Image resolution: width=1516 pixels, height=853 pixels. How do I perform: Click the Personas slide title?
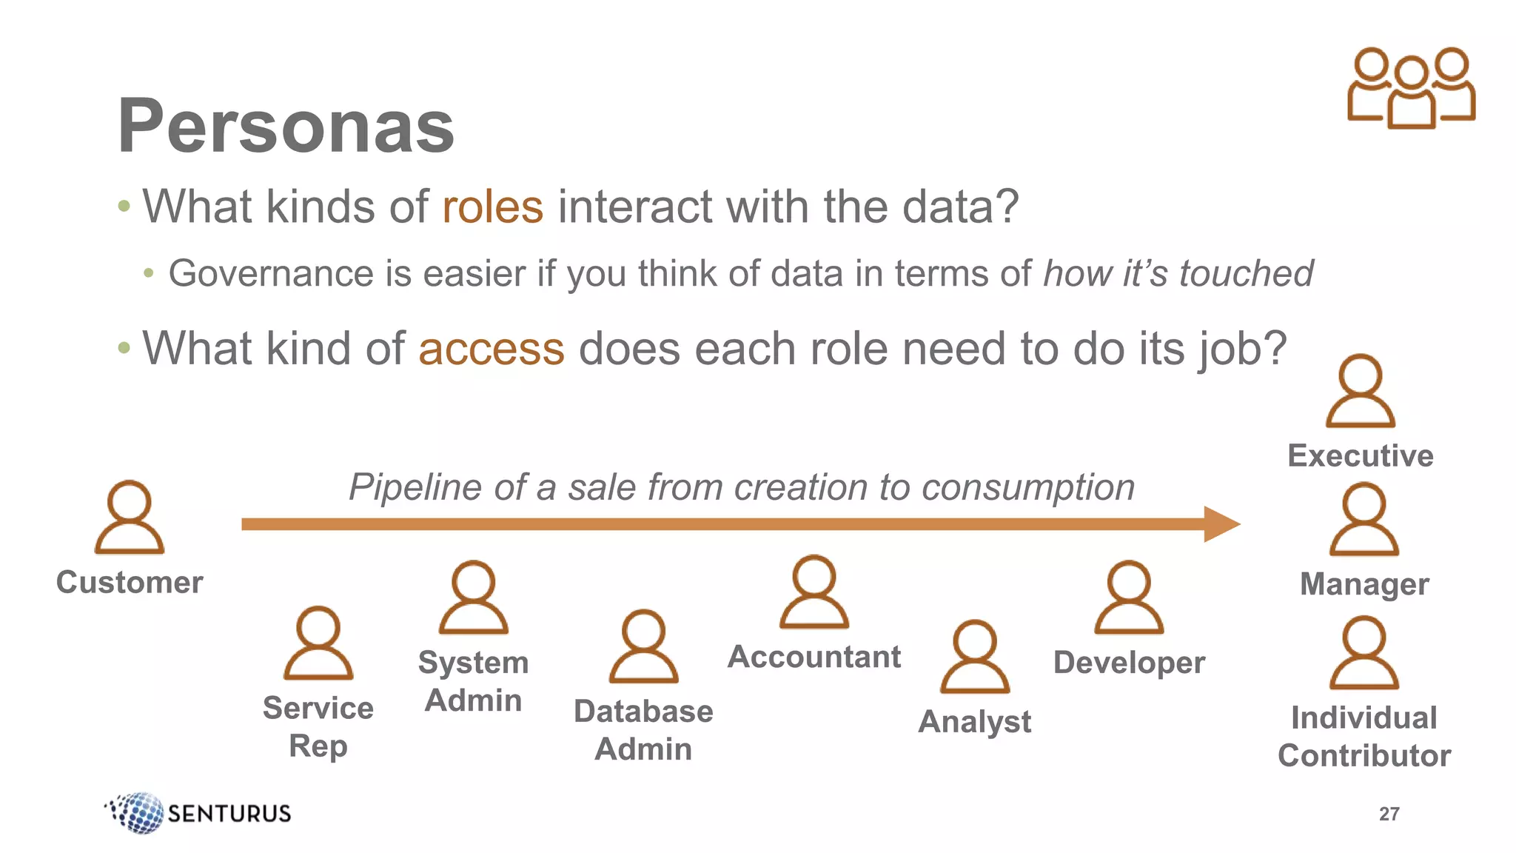click(x=286, y=126)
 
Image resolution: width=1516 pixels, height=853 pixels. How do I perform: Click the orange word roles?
click(x=492, y=207)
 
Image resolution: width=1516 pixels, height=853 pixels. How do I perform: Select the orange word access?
click(x=491, y=349)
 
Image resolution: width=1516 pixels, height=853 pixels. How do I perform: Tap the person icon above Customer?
click(x=130, y=518)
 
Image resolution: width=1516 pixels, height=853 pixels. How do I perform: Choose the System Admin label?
click(x=473, y=681)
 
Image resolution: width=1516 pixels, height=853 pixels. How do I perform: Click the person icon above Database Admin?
click(x=643, y=646)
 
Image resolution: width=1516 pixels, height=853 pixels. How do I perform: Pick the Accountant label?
click(x=814, y=657)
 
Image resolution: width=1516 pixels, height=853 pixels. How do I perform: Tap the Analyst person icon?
click(x=975, y=657)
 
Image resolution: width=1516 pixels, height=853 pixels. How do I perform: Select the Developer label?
click(x=1129, y=663)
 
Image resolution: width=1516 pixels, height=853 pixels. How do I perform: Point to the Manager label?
click(x=1364, y=584)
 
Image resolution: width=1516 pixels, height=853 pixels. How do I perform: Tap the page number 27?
click(x=1389, y=814)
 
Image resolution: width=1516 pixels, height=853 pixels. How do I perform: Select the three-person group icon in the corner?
click(x=1411, y=88)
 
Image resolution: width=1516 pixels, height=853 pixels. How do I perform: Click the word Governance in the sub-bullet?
click(x=270, y=274)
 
